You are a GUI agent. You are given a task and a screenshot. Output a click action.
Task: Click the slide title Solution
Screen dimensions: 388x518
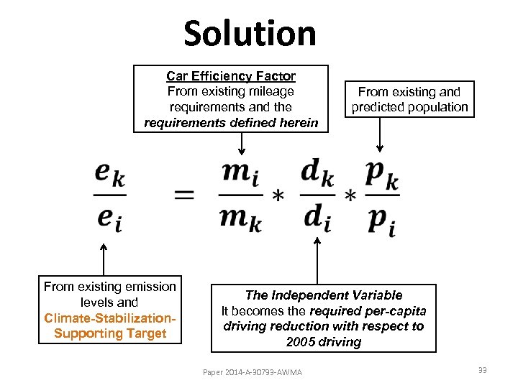250,34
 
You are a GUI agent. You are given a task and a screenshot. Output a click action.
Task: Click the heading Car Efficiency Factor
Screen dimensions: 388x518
231,75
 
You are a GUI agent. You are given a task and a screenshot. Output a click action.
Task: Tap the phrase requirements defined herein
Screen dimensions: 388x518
231,123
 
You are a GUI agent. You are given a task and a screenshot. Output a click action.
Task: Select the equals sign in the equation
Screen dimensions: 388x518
184,194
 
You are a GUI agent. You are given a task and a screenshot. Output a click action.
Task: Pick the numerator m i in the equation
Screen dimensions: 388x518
240,173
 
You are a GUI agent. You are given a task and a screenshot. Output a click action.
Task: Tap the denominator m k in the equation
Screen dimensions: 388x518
240,217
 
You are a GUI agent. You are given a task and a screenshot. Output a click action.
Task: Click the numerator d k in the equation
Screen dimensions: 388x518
317,173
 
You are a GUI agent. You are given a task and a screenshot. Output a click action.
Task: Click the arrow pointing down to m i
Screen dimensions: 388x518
242,142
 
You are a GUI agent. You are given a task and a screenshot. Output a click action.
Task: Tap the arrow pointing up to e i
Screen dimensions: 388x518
104,260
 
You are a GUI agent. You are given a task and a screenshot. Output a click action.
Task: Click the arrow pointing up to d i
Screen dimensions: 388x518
317,260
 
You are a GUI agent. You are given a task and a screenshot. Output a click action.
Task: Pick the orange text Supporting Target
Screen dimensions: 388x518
110,333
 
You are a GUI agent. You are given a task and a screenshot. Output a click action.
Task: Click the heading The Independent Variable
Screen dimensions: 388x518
324,295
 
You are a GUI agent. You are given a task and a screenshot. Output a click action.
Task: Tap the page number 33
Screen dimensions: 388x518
482,370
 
